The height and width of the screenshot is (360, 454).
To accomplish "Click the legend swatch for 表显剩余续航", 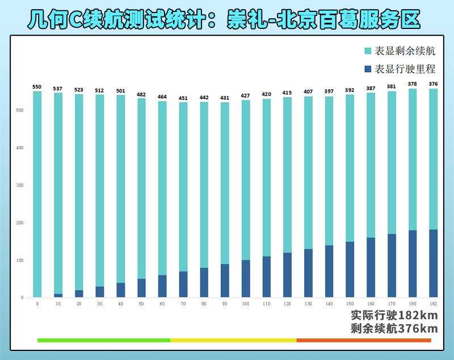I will [368, 51].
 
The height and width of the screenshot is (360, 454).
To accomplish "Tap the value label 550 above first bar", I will [37, 87].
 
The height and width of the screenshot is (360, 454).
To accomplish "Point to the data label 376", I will [433, 85].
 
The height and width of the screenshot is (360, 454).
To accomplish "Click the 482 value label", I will [141, 94].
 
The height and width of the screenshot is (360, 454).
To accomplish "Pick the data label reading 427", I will [246, 95].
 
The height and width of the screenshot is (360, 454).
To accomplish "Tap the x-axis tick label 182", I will [433, 304].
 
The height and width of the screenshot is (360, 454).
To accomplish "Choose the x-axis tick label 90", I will [225, 304].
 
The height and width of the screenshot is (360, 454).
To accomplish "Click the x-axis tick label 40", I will [120, 304].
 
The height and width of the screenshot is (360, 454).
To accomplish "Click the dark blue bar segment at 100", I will [246, 278].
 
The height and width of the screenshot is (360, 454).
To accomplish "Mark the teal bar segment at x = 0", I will [37, 193].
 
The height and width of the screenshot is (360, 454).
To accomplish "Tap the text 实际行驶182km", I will [394, 316].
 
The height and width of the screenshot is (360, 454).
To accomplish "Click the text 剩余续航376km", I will [394, 329].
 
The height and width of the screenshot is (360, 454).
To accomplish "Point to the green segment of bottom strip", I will [103, 340].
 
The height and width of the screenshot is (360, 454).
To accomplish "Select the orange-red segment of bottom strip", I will [364, 340].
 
